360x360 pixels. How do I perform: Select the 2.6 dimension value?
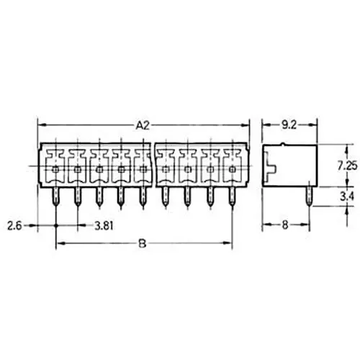14,225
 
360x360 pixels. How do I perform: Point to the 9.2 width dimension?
289,125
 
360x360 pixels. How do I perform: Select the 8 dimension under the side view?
285,225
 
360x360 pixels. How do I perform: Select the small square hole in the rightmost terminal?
233,170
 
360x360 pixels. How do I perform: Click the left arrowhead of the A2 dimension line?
41,125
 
